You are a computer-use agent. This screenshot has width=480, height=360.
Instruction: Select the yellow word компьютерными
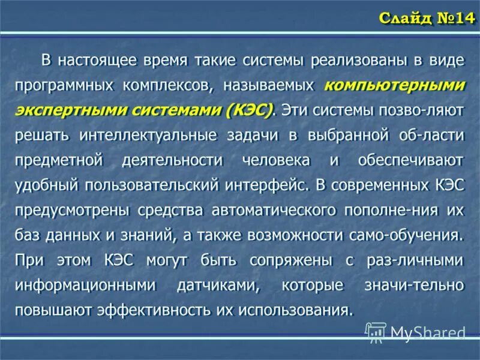point(394,85)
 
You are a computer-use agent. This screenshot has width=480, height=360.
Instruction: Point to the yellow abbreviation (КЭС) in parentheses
point(248,110)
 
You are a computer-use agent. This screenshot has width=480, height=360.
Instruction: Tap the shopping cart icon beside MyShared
point(376,332)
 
